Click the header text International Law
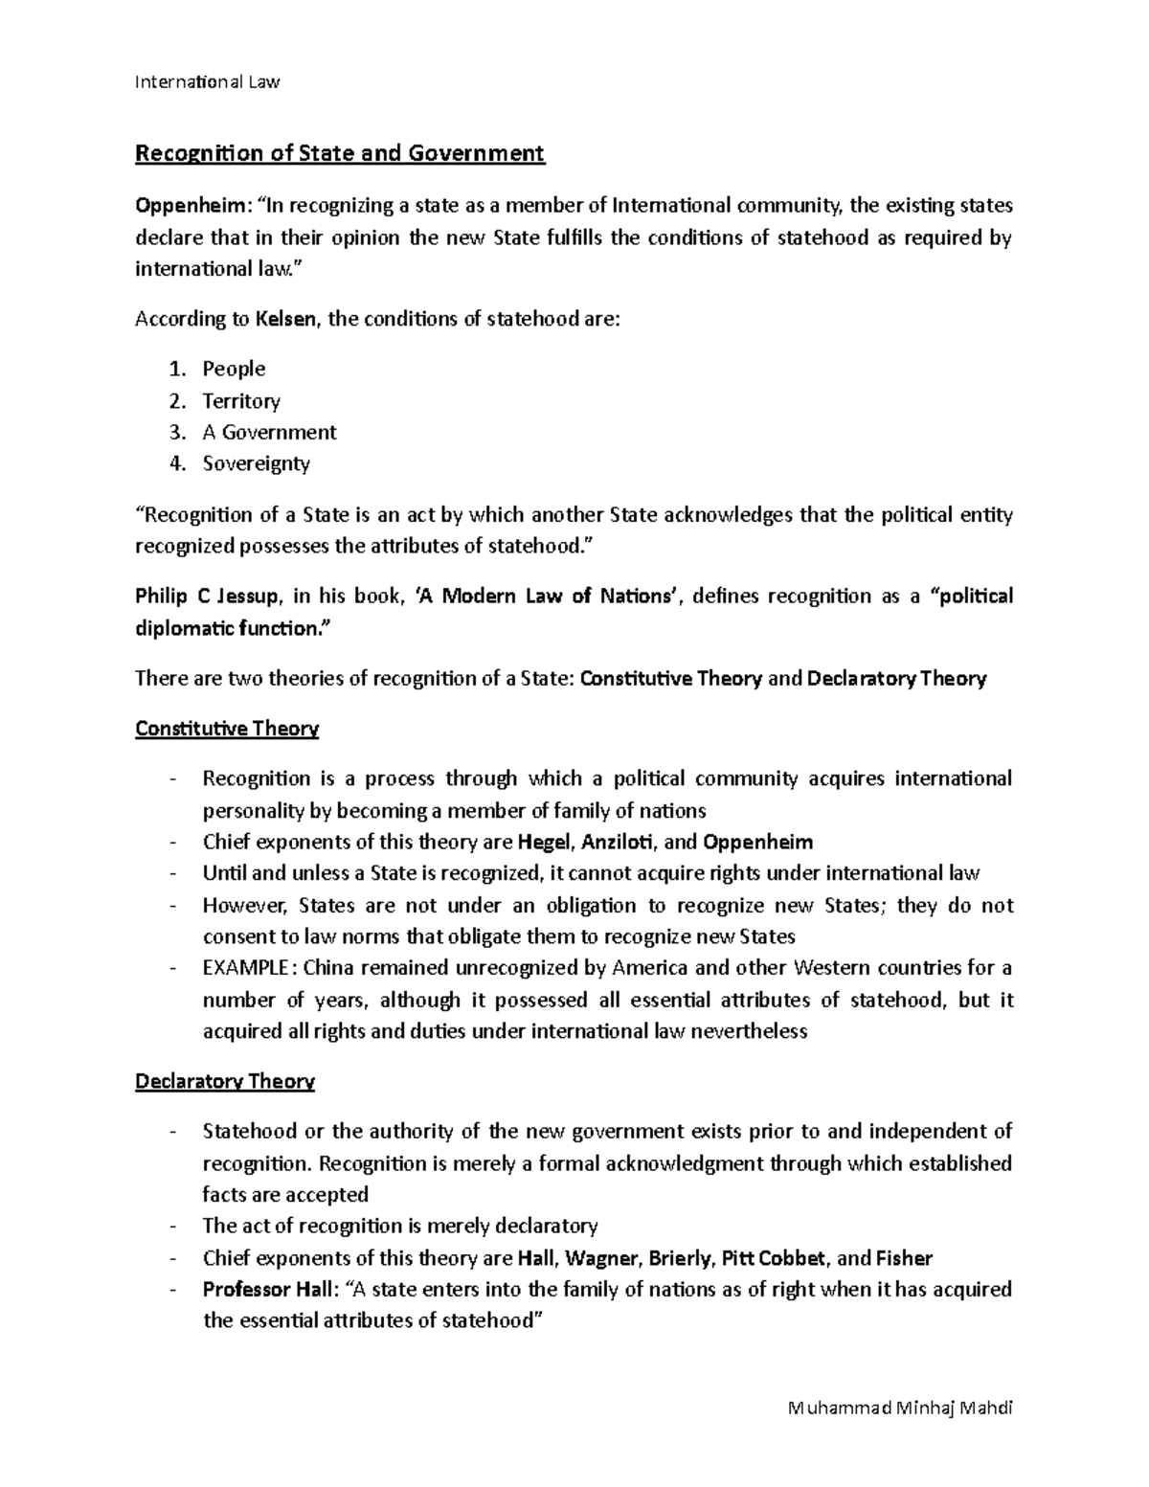(x=207, y=81)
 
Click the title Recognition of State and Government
(x=340, y=153)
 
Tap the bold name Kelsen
(x=285, y=319)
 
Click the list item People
(x=234, y=369)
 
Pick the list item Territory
(x=241, y=400)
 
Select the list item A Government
(x=269, y=432)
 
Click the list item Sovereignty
(x=257, y=463)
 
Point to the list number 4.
(x=175, y=463)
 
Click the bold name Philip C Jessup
(x=208, y=597)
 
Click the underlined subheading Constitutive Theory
(x=227, y=729)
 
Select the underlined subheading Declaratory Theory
(x=225, y=1081)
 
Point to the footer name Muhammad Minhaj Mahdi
(x=899, y=1408)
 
